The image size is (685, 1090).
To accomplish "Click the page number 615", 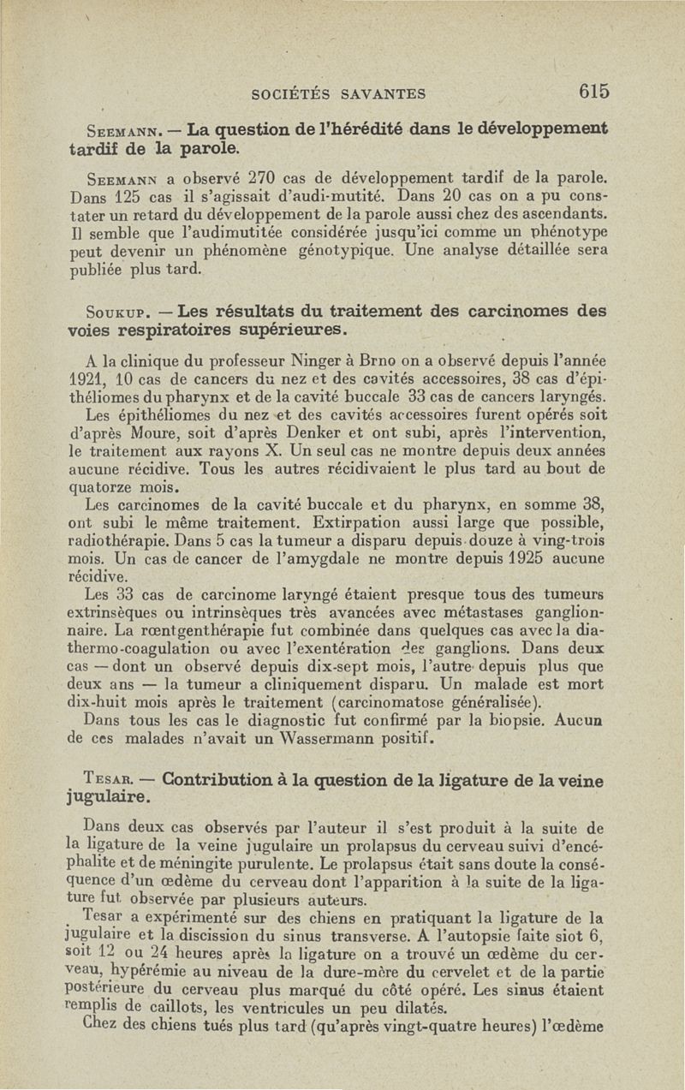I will tap(593, 92).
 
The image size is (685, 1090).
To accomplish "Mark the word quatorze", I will tap(100, 487).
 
